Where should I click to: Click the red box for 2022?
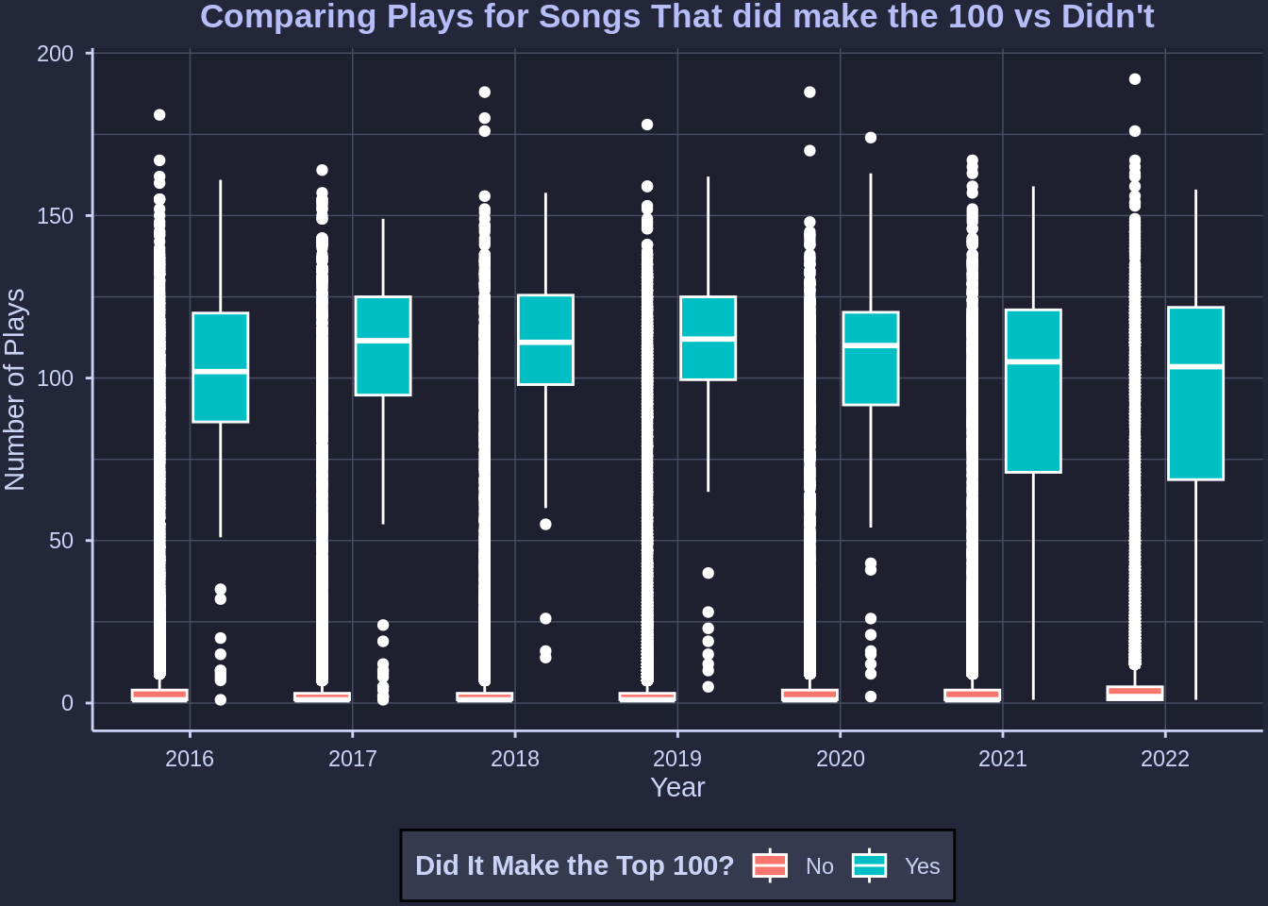point(1135,694)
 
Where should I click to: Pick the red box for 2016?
point(159,696)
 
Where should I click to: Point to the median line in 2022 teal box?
point(1195,365)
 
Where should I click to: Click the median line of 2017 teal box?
point(383,340)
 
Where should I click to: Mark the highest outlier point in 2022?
point(1135,79)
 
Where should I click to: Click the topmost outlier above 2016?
point(159,115)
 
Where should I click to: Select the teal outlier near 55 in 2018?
point(545,525)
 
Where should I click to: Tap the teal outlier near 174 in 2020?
point(871,138)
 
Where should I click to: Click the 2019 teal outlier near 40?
point(709,573)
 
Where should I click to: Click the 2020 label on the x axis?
point(840,759)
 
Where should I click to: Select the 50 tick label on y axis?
point(61,541)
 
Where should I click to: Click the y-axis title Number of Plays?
point(15,390)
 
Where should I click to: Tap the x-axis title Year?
point(677,787)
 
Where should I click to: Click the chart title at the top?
point(677,17)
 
